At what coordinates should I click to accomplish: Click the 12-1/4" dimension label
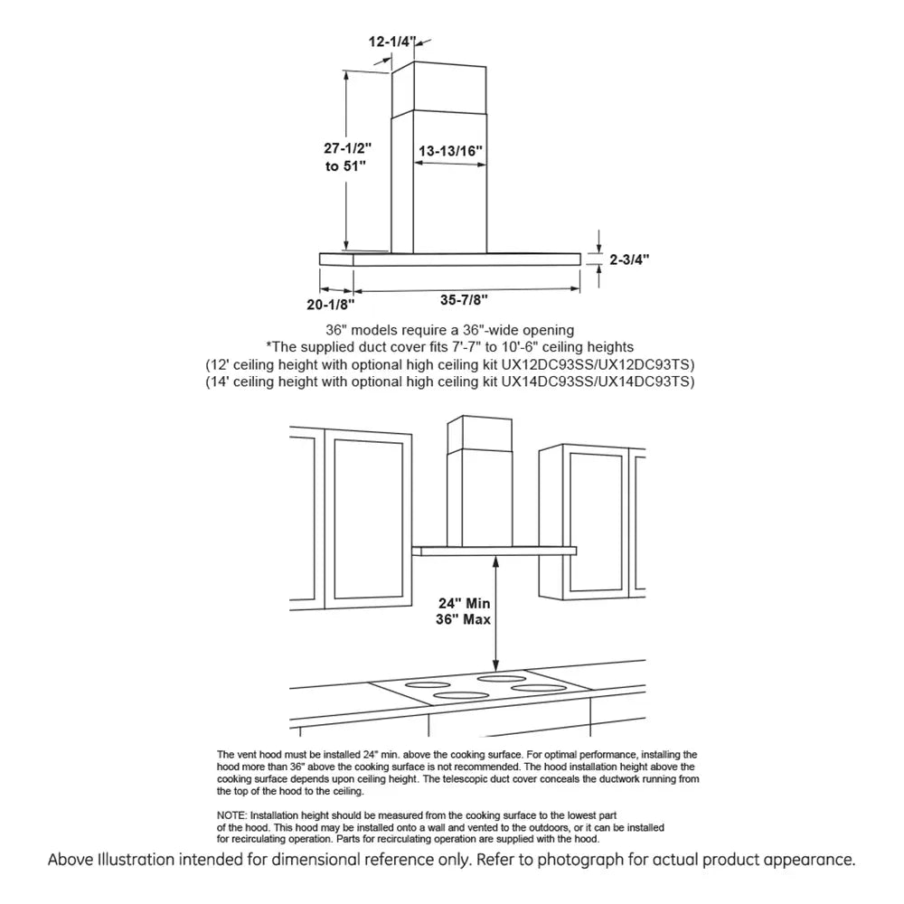391,41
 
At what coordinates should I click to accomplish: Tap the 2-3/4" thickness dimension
629,259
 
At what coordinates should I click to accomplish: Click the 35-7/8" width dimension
466,299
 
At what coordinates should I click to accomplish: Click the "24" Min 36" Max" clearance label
462,612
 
